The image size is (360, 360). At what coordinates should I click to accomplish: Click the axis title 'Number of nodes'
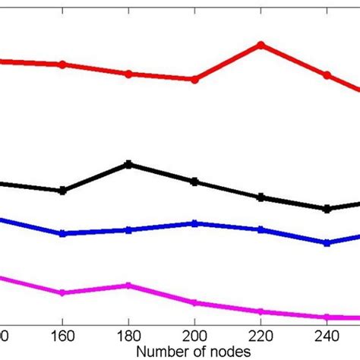click(194, 352)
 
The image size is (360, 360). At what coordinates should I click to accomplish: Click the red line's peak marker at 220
click(261, 45)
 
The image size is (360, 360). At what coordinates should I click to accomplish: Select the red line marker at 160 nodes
click(62, 64)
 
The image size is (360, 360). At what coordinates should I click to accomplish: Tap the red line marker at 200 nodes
click(194, 79)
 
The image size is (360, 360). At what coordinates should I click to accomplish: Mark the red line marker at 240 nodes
click(327, 75)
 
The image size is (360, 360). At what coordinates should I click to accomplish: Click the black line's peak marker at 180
click(128, 164)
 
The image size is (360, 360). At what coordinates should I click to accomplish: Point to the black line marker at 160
click(62, 191)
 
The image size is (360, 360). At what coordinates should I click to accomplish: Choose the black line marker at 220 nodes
click(261, 197)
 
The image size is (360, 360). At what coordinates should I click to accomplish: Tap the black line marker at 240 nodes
click(327, 209)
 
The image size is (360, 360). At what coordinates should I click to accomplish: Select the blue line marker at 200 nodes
click(194, 223)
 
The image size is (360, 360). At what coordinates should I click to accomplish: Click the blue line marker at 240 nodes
click(327, 243)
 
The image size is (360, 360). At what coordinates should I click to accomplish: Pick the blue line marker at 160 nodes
click(62, 234)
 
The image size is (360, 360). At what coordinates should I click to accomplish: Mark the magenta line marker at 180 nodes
click(128, 286)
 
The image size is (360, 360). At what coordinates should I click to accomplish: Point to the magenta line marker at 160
click(62, 293)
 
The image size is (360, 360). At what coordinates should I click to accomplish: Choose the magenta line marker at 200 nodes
click(194, 302)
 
